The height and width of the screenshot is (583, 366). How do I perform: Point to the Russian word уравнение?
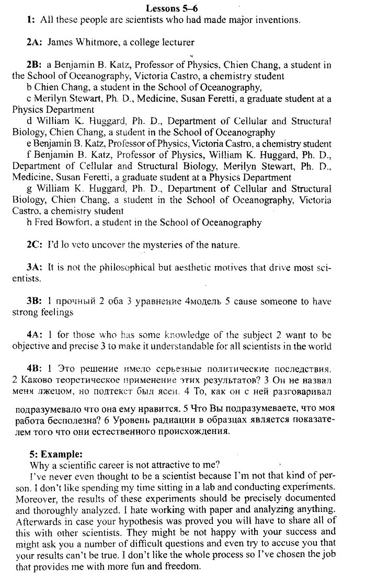[149, 301]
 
